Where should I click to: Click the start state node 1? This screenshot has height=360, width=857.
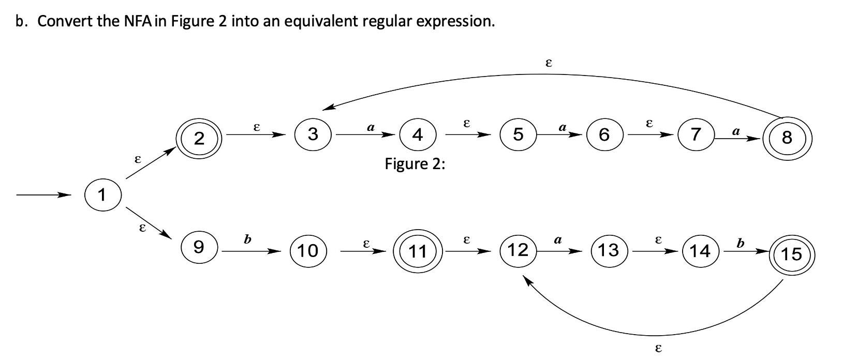tap(102, 195)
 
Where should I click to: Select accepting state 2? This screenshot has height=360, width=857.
tap(199, 138)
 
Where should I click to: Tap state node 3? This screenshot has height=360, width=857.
tap(313, 134)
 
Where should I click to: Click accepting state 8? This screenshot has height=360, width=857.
tap(787, 138)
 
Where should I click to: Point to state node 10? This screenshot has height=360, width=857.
tap(308, 250)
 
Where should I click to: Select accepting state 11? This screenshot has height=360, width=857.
tap(417, 251)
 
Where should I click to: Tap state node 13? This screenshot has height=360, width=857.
tap(609, 250)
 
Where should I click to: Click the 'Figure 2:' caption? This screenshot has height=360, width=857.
tap(415, 164)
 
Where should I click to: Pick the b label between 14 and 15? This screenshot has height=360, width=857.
tap(740, 243)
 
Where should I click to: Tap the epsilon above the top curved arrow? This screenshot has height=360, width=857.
tap(549, 63)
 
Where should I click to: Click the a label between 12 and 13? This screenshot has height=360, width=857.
tap(558, 239)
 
